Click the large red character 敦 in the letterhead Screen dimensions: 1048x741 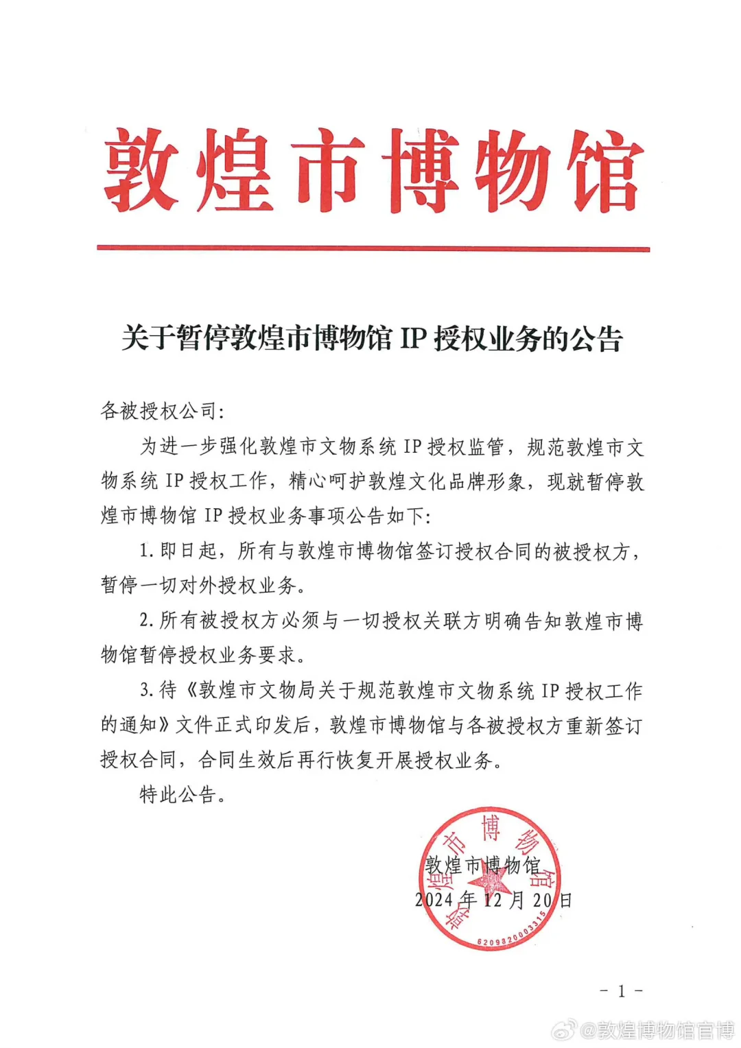(x=142, y=169)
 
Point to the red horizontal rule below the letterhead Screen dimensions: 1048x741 (x=373, y=248)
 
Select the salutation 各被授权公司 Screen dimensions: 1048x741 (x=158, y=411)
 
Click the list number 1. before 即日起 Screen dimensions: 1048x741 (x=145, y=551)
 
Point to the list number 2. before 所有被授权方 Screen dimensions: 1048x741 (x=145, y=621)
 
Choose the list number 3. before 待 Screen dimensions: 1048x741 (x=145, y=691)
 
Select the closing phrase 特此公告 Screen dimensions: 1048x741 (x=178, y=795)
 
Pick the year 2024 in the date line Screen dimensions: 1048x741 (x=434, y=900)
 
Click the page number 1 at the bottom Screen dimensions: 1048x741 (x=622, y=990)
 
